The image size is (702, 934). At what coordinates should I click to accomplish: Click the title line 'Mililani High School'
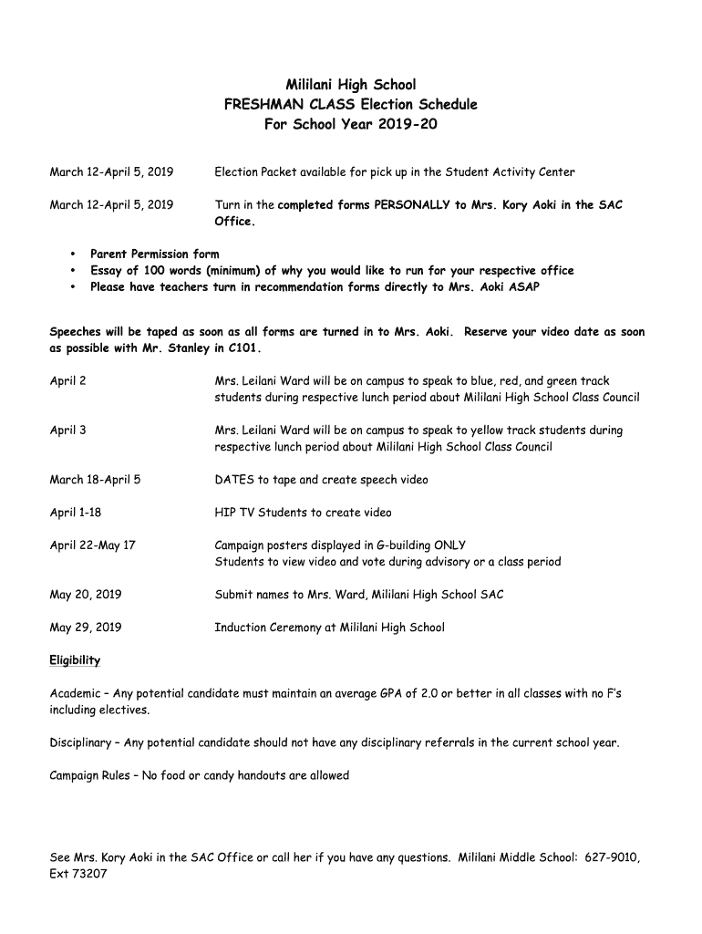click(351, 85)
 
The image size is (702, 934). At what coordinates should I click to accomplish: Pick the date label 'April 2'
click(67, 381)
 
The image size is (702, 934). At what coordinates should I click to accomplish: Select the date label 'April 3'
click(67, 431)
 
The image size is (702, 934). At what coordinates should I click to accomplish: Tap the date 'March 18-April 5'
click(95, 480)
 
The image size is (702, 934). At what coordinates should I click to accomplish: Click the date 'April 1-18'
click(75, 513)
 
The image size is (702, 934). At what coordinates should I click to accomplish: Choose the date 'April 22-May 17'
click(92, 545)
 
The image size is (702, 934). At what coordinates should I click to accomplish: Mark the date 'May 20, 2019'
click(85, 595)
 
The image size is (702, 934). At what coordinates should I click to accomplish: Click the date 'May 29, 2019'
click(85, 628)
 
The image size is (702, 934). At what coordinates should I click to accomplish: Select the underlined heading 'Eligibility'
click(75, 660)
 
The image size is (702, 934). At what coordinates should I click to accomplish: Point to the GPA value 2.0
click(428, 694)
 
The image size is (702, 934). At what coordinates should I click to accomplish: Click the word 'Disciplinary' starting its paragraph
click(80, 742)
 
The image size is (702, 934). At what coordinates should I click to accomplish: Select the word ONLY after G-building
click(449, 545)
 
